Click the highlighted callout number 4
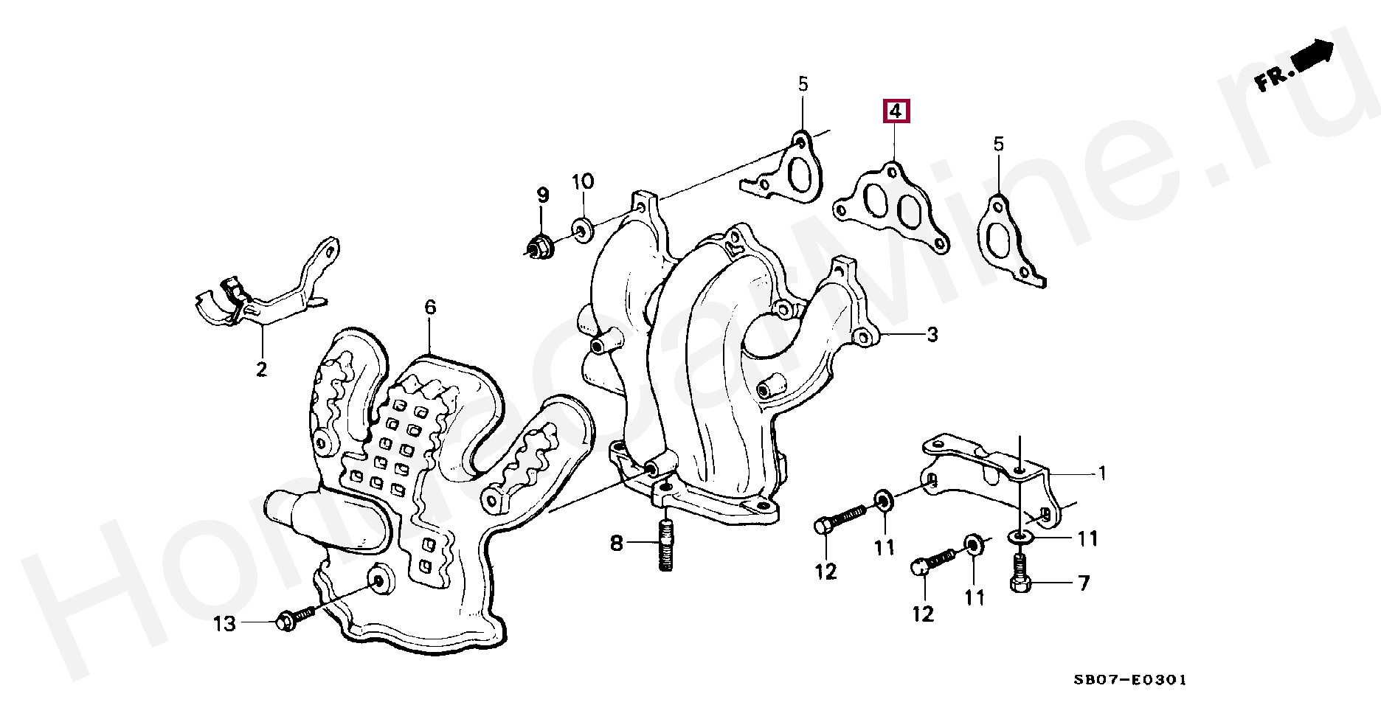tap(895, 111)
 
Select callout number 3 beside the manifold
tap(932, 334)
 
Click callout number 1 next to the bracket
tap(1102, 473)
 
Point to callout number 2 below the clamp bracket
tap(261, 369)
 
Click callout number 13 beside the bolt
tap(225, 624)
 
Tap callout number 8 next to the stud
tap(617, 544)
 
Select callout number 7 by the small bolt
tap(1084, 583)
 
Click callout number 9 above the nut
tap(543, 195)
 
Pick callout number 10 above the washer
tap(582, 181)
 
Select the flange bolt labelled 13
tap(294, 618)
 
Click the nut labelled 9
tap(540, 245)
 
